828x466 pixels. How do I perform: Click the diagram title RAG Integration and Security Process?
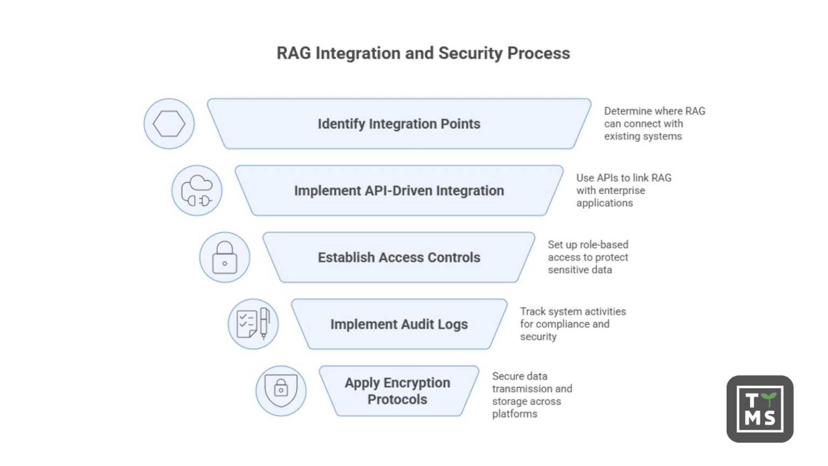423,53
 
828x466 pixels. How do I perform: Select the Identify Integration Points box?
399,124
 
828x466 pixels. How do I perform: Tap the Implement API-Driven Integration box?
399,190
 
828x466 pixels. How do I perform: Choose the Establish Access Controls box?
399,257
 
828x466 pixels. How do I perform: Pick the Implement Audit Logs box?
399,324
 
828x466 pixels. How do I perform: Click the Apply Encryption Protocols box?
398,391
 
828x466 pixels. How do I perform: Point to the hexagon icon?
169,124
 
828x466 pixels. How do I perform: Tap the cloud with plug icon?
197,190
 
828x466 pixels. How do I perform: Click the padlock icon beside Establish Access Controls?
225,257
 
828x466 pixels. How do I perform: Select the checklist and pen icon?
253,324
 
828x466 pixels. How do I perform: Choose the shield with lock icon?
281,391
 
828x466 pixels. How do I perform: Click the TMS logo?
760,409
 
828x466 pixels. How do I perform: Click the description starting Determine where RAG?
654,124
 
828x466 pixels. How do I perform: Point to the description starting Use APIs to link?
624,190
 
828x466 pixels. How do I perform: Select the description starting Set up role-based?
588,257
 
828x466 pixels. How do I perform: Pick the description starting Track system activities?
572,324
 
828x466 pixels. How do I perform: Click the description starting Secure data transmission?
532,395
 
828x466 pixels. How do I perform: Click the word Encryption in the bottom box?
416,382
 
